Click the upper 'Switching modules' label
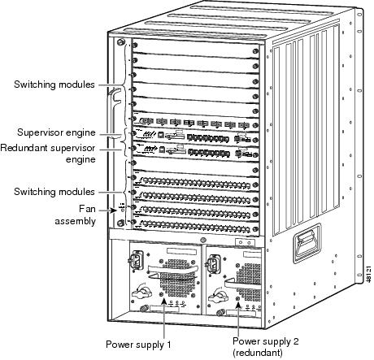[x=54, y=85]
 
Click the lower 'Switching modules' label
[x=54, y=192]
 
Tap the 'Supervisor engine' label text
[x=56, y=132]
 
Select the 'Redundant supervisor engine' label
[x=48, y=154]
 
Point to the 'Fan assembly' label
[x=76, y=215]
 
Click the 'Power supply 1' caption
[x=138, y=345]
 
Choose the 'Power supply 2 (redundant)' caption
[x=266, y=346]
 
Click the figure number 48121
[x=368, y=274]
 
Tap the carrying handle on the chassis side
[x=307, y=243]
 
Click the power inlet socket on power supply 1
[x=136, y=260]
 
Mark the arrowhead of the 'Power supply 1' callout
[x=164, y=301]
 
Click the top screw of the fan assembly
[x=120, y=42]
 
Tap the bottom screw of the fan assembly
[x=120, y=223]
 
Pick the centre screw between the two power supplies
[x=202, y=241]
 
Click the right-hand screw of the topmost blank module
[x=255, y=51]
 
